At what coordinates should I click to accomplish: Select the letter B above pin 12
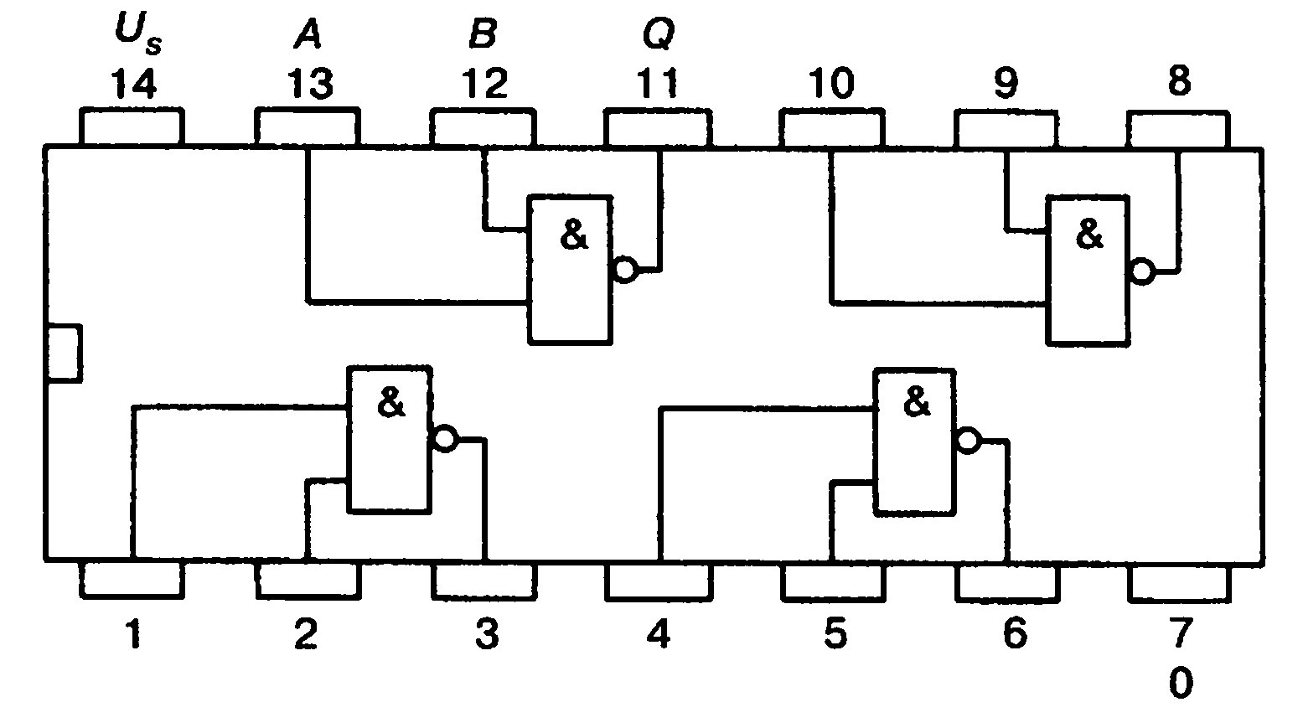(483, 34)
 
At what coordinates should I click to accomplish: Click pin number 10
(831, 84)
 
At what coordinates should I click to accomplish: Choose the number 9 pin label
(1006, 84)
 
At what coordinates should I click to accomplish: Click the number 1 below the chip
(132, 636)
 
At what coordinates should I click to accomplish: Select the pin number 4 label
(658, 636)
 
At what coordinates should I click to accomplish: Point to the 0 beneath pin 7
(1179, 683)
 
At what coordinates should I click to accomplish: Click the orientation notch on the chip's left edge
(64, 353)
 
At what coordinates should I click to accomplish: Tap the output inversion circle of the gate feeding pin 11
(625, 270)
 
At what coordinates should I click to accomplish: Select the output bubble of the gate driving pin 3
(444, 438)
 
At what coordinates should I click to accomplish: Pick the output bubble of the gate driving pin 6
(968, 441)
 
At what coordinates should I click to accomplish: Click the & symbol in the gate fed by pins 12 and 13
(574, 236)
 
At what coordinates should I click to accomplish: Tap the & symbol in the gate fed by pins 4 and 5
(918, 404)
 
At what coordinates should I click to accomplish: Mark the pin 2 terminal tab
(308, 580)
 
